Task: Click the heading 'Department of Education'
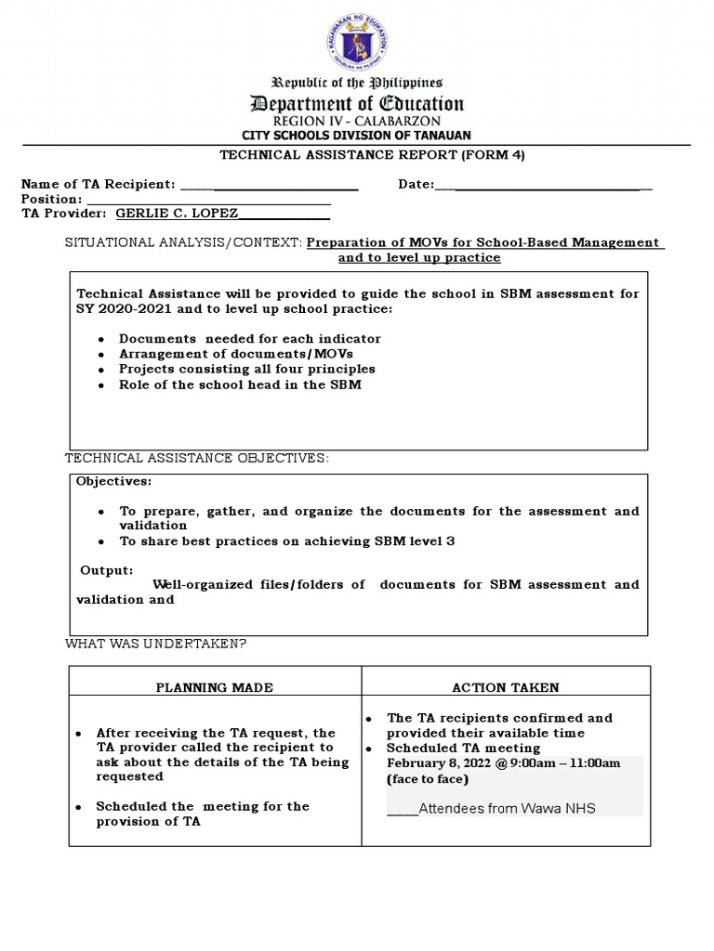coord(356,104)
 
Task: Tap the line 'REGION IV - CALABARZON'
coord(356,122)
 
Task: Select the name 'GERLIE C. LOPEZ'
coord(177,214)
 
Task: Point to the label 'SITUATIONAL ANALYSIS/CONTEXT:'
coord(183,242)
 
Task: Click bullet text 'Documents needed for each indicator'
coord(250,339)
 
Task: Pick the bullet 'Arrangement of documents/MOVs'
coord(236,354)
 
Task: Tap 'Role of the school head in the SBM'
coord(240,384)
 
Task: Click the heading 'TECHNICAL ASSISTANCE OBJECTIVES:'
coord(196,459)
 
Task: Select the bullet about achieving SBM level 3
coord(286,541)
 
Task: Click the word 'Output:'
coord(106,570)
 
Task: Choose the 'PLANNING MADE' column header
coord(215,688)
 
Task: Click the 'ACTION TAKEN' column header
coord(506,688)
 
